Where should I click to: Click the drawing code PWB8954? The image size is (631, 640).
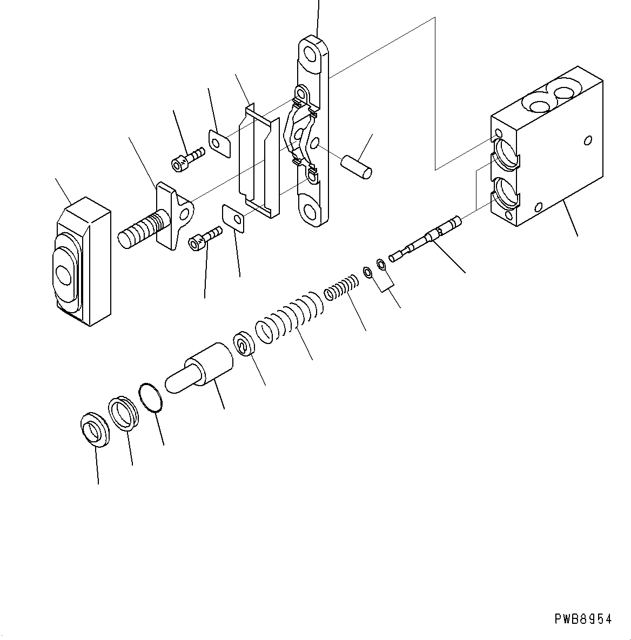[x=583, y=619]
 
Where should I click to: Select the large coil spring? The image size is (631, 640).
[x=289, y=318]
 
